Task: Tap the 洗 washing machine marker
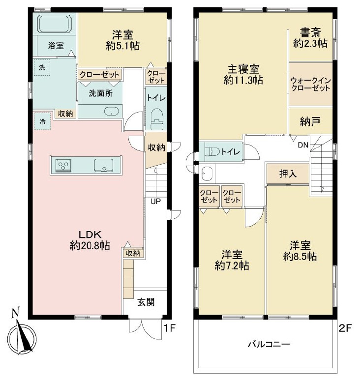point(42,67)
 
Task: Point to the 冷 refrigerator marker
point(42,121)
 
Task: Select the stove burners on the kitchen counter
point(63,166)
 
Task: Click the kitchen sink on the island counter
point(104,166)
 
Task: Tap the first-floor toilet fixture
point(157,119)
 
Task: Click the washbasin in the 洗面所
point(112,112)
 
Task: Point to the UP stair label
point(155,201)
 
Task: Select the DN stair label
point(303,145)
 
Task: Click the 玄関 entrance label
point(146,302)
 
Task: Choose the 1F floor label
point(169,328)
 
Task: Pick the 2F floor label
point(345,328)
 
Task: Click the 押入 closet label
point(288,174)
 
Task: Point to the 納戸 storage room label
point(310,121)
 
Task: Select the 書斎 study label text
point(310,32)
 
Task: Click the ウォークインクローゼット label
point(311,84)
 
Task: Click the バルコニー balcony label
point(269,344)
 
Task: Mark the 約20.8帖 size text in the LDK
point(90,246)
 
